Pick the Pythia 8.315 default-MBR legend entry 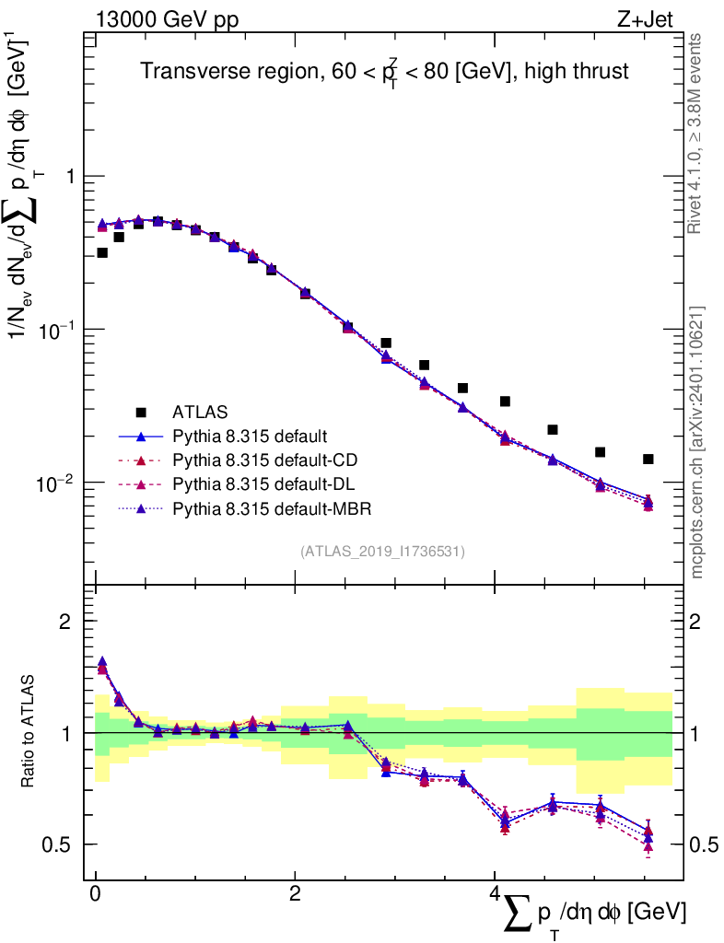coord(266,507)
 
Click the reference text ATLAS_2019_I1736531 coord(382,552)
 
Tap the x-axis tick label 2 coord(295,895)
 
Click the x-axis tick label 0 coord(95,895)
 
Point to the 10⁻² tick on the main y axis coord(56,482)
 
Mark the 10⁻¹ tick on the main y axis coord(56,329)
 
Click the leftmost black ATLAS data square coord(102,252)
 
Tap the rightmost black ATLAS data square coord(648,459)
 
